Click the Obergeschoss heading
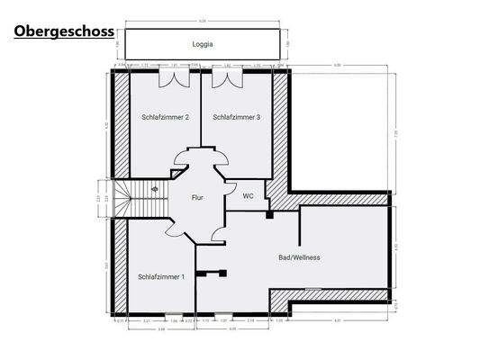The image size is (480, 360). point(63,31)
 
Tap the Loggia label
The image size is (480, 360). point(203,43)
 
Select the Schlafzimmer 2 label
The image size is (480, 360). point(165,117)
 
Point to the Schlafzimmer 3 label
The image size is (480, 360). point(237,117)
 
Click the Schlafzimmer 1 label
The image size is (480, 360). point(162,276)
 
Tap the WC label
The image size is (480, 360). point(248,197)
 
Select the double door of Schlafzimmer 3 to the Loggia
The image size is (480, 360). point(228,80)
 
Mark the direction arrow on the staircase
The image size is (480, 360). point(155,189)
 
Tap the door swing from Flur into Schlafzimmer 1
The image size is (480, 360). point(176,229)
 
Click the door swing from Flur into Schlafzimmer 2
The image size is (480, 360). point(183,160)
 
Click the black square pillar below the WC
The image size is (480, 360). point(269,214)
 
